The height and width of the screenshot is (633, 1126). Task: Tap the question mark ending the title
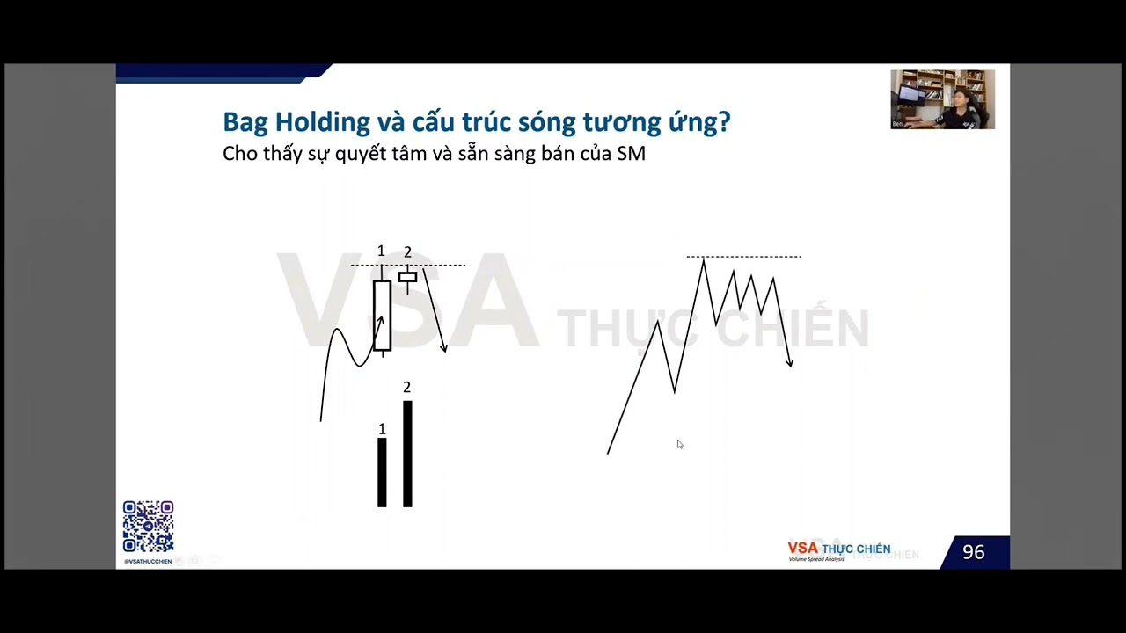click(x=724, y=121)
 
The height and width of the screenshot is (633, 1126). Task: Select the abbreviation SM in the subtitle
click(x=631, y=154)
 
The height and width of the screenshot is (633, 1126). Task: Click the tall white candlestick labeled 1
click(x=382, y=315)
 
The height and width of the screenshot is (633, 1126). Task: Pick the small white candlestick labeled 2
click(x=407, y=277)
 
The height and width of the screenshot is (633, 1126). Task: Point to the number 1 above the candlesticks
click(x=381, y=251)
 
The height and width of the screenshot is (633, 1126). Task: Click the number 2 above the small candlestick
click(x=407, y=252)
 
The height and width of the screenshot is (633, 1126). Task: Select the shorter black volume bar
click(x=382, y=472)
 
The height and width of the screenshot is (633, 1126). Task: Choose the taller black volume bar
click(x=407, y=454)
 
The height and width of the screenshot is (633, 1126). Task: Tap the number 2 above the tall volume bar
click(x=406, y=387)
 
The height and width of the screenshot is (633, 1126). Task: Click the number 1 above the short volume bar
click(x=382, y=429)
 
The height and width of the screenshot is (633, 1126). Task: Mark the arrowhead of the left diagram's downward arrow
click(x=444, y=348)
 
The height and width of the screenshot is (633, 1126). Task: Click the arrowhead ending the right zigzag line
click(x=790, y=361)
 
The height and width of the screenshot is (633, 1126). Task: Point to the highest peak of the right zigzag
click(x=703, y=261)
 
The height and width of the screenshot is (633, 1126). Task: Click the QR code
click(x=148, y=527)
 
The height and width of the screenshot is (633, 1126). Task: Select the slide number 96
click(x=973, y=552)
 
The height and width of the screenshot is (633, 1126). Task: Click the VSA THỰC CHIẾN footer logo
click(x=838, y=550)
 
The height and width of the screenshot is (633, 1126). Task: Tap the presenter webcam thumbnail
click(x=942, y=99)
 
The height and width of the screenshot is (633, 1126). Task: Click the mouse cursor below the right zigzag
click(x=679, y=445)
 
